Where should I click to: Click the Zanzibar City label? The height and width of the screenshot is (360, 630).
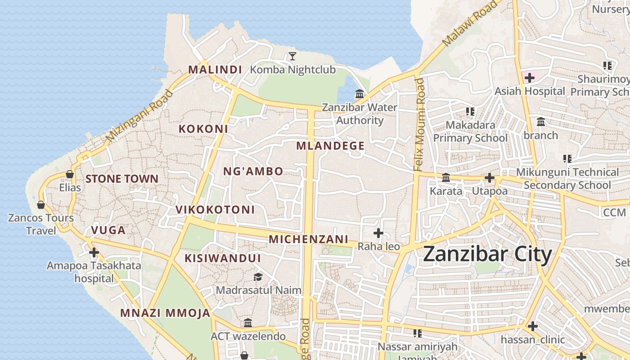(487, 255)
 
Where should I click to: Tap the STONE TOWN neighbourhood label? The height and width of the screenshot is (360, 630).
(122, 179)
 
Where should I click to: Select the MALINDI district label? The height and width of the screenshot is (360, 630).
(215, 70)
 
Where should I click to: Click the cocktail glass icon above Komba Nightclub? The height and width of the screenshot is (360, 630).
(292, 56)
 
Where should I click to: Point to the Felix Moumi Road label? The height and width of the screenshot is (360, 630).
(419, 125)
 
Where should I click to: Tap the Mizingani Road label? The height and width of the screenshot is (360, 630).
(139, 117)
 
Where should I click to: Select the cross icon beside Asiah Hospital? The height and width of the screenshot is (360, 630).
(530, 78)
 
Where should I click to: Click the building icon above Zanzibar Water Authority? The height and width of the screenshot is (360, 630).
(360, 94)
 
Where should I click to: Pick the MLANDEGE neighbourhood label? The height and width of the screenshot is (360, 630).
(330, 146)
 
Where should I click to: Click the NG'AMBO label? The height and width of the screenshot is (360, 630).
(253, 171)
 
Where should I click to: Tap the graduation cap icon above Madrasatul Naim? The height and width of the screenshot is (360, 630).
(258, 277)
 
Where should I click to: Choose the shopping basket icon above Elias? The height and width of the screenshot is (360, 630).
(70, 174)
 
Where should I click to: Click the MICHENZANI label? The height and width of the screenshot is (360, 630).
(309, 239)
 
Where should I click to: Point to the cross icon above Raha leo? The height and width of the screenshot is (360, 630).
(378, 233)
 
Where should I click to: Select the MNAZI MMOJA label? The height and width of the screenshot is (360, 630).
(165, 313)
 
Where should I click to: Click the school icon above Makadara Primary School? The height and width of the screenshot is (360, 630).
(470, 111)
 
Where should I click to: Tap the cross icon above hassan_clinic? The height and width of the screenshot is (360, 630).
(533, 326)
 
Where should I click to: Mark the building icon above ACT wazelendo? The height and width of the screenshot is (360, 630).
(248, 323)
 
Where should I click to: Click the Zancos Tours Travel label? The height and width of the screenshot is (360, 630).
(41, 224)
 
